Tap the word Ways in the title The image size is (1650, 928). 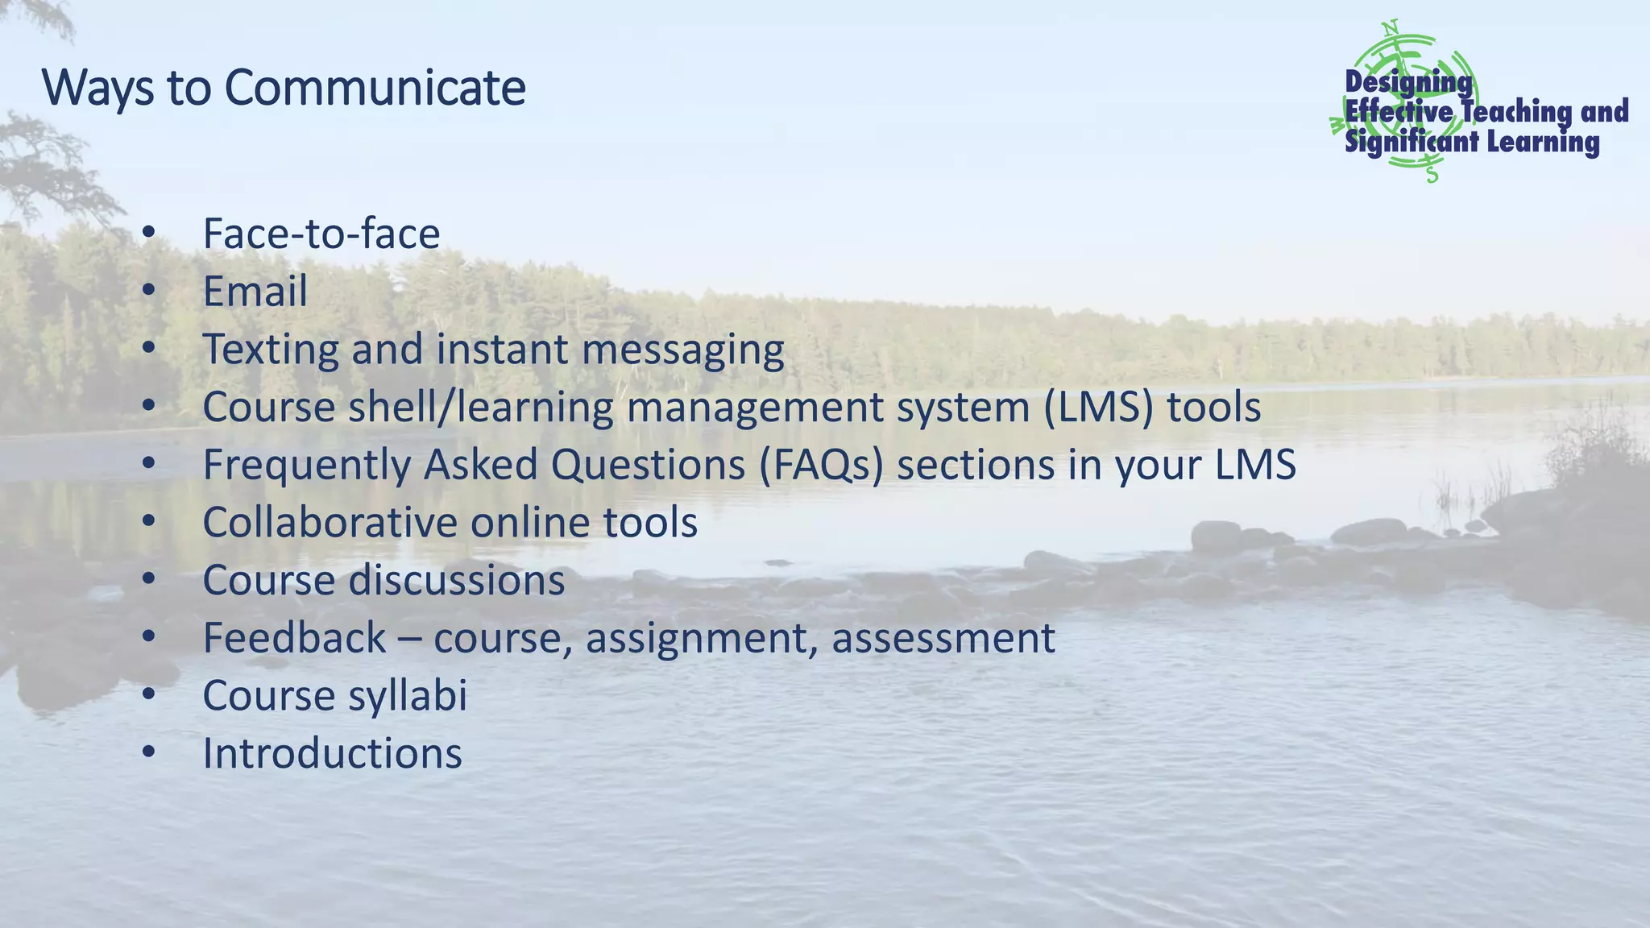(x=97, y=89)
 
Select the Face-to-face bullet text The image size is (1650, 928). (x=321, y=234)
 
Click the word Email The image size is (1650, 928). (x=255, y=292)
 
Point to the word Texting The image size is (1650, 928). (x=271, y=350)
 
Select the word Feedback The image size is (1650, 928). (x=294, y=638)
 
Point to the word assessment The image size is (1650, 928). (x=943, y=639)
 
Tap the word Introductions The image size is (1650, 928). (x=332, y=754)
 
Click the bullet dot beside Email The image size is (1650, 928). (x=147, y=291)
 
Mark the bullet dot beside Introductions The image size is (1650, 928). (x=147, y=753)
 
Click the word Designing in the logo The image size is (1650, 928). (x=1408, y=82)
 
